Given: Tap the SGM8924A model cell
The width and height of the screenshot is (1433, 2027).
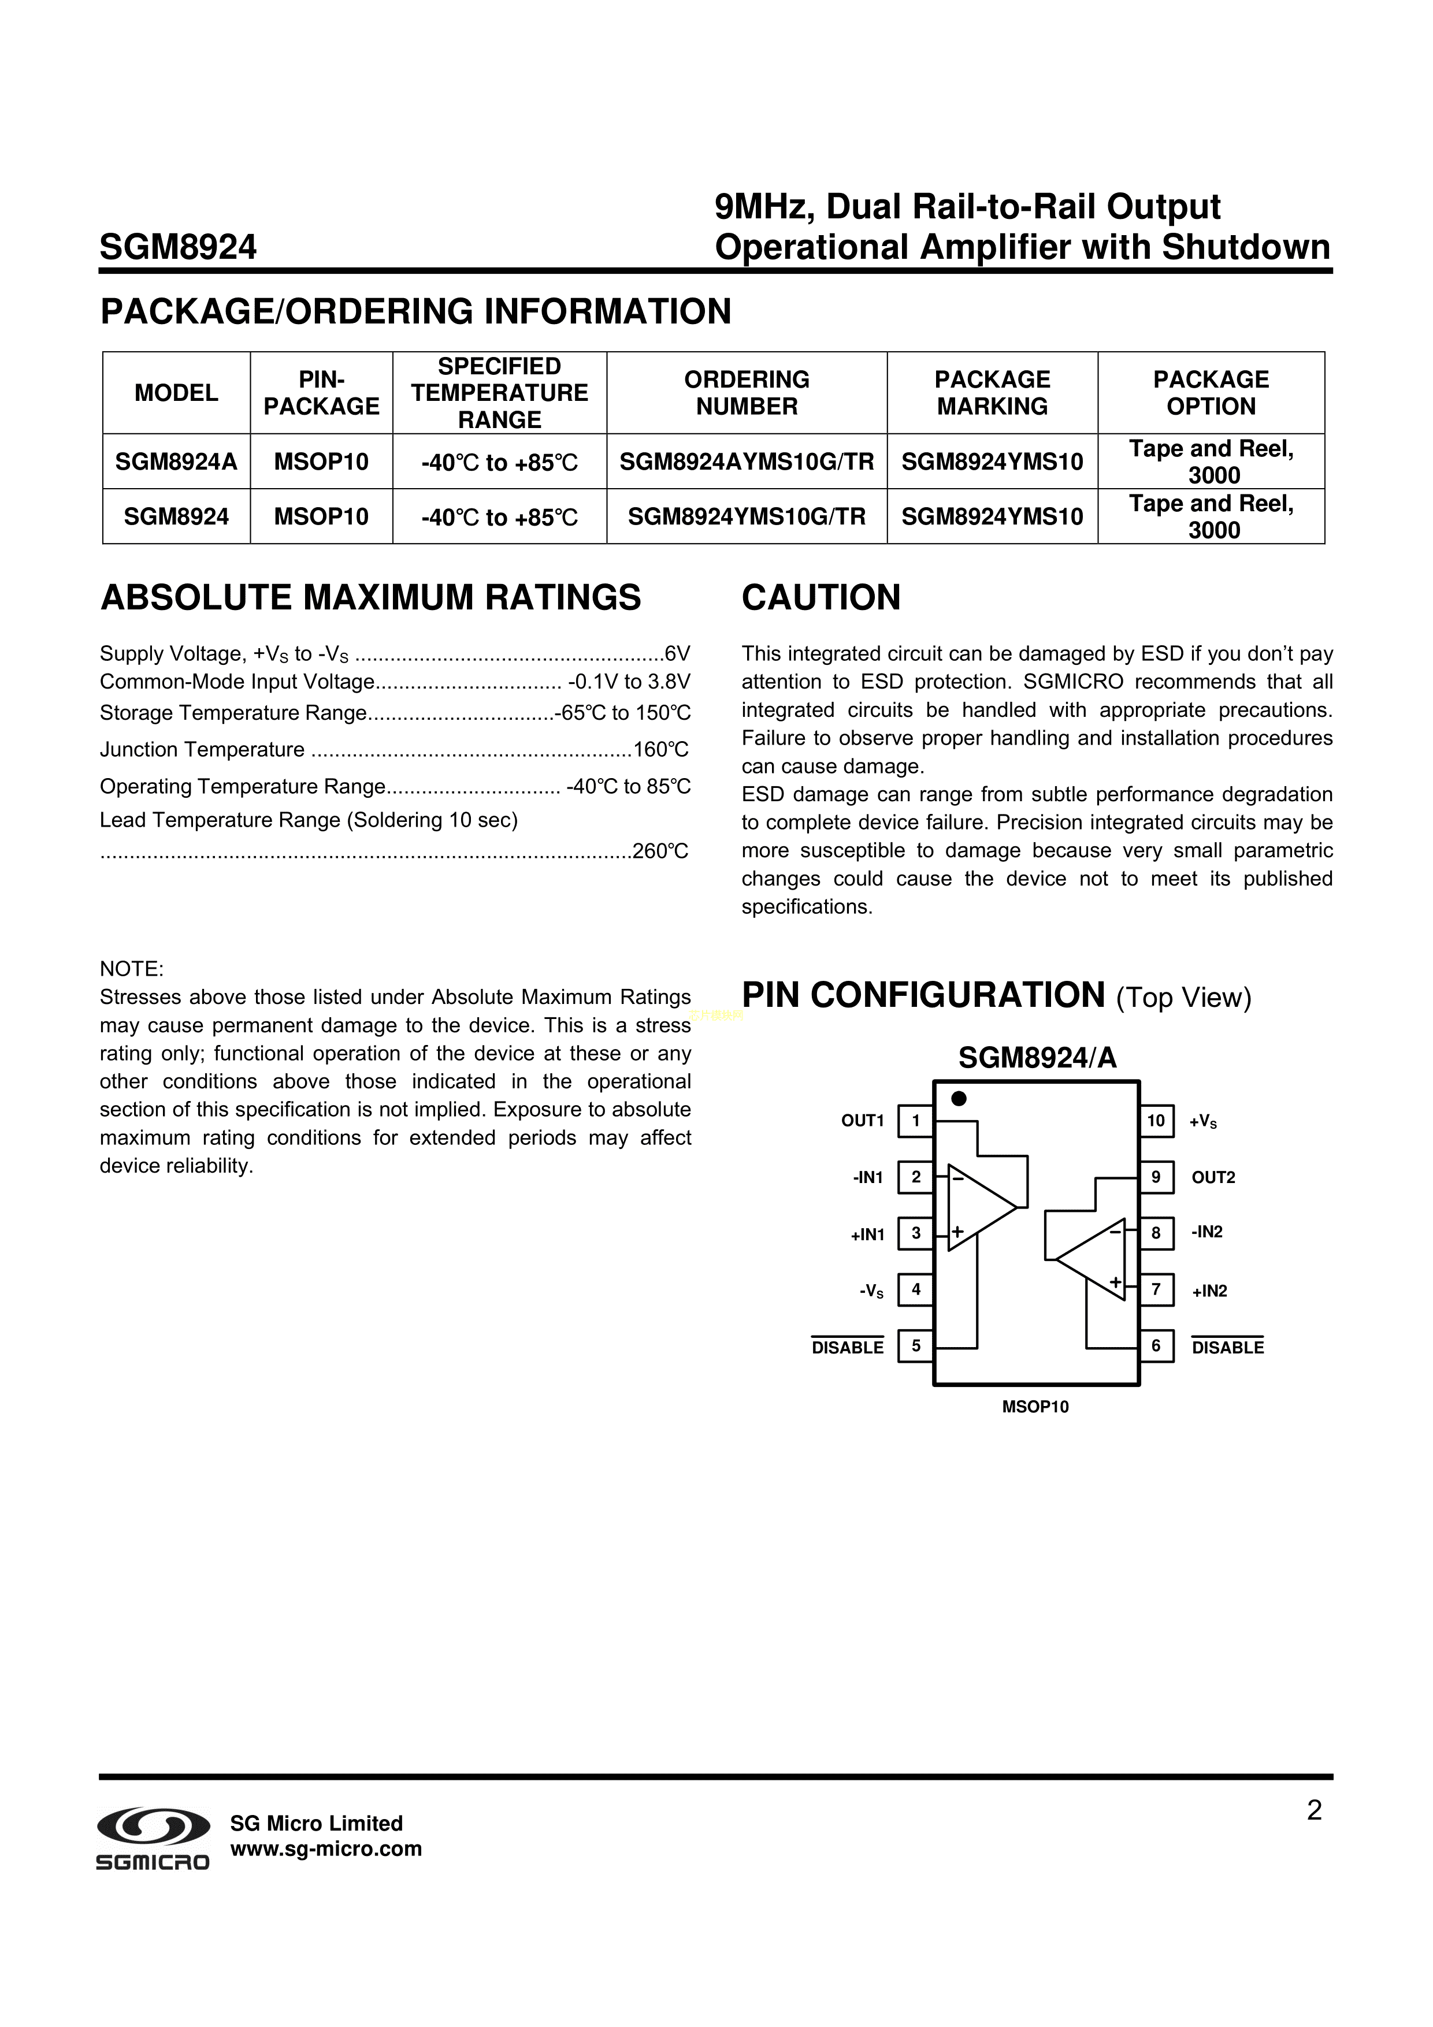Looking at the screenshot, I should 177,462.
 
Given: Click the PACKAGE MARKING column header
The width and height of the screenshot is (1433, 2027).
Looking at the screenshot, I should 993,393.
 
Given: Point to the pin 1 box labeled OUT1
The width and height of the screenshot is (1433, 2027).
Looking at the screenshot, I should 916,1121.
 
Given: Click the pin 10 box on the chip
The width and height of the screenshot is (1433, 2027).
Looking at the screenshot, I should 1156,1121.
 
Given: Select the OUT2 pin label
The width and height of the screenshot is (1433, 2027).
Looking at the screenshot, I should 1213,1178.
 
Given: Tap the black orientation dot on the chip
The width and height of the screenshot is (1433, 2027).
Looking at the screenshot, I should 959,1098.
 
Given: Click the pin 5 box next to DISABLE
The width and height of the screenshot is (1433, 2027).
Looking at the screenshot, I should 916,1347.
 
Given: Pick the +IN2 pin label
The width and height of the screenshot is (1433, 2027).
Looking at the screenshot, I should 1209,1290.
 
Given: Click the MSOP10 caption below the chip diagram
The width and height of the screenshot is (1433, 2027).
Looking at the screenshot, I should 1035,1407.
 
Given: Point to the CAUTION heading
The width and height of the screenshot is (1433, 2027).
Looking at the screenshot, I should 821,598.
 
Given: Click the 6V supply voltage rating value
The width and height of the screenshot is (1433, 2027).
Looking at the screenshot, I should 677,654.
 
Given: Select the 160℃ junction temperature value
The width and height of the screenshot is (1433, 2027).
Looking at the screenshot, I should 660,750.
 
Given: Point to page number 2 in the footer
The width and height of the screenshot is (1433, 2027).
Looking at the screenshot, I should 1314,1812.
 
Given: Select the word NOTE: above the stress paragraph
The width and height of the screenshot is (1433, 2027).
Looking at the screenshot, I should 132,969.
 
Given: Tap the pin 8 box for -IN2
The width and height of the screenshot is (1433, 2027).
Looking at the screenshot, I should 1156,1233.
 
